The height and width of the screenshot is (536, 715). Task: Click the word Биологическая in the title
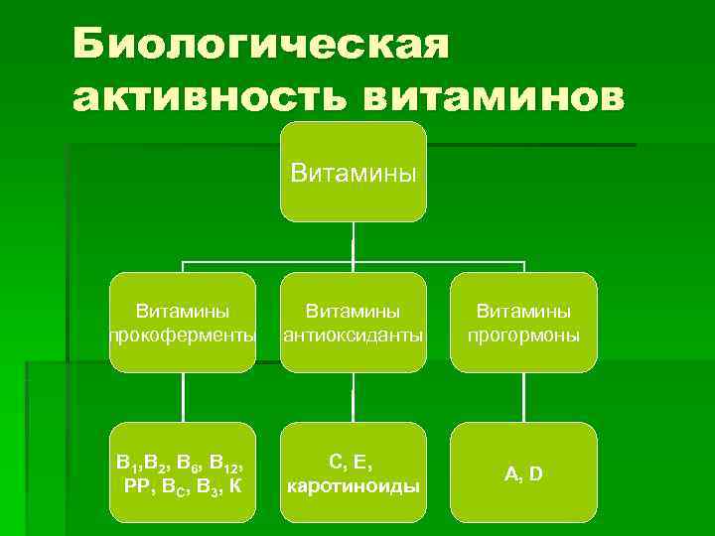coord(261,45)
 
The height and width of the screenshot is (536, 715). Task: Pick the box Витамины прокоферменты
coord(182,322)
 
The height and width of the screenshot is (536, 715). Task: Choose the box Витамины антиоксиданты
coord(353,322)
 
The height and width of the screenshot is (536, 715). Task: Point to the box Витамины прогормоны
coord(523,322)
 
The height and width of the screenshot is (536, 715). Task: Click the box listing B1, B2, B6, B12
coord(182,472)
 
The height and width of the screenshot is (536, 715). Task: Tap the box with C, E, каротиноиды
coord(353,472)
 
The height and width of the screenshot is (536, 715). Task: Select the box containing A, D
coord(523,472)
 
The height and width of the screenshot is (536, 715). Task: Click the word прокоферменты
coord(182,335)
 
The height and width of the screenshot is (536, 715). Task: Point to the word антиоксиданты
coord(353,335)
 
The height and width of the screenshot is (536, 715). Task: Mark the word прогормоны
coord(523,335)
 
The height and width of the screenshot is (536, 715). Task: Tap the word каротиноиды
coord(353,486)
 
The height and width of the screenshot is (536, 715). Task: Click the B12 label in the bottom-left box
coord(229,463)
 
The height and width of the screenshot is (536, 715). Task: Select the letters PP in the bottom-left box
coord(136,486)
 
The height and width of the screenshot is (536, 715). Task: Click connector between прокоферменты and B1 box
coord(182,397)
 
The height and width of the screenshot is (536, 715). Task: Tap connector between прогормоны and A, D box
coord(523,397)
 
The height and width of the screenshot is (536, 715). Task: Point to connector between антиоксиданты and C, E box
coord(353,397)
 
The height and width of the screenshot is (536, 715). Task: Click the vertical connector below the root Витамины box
coord(353,242)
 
